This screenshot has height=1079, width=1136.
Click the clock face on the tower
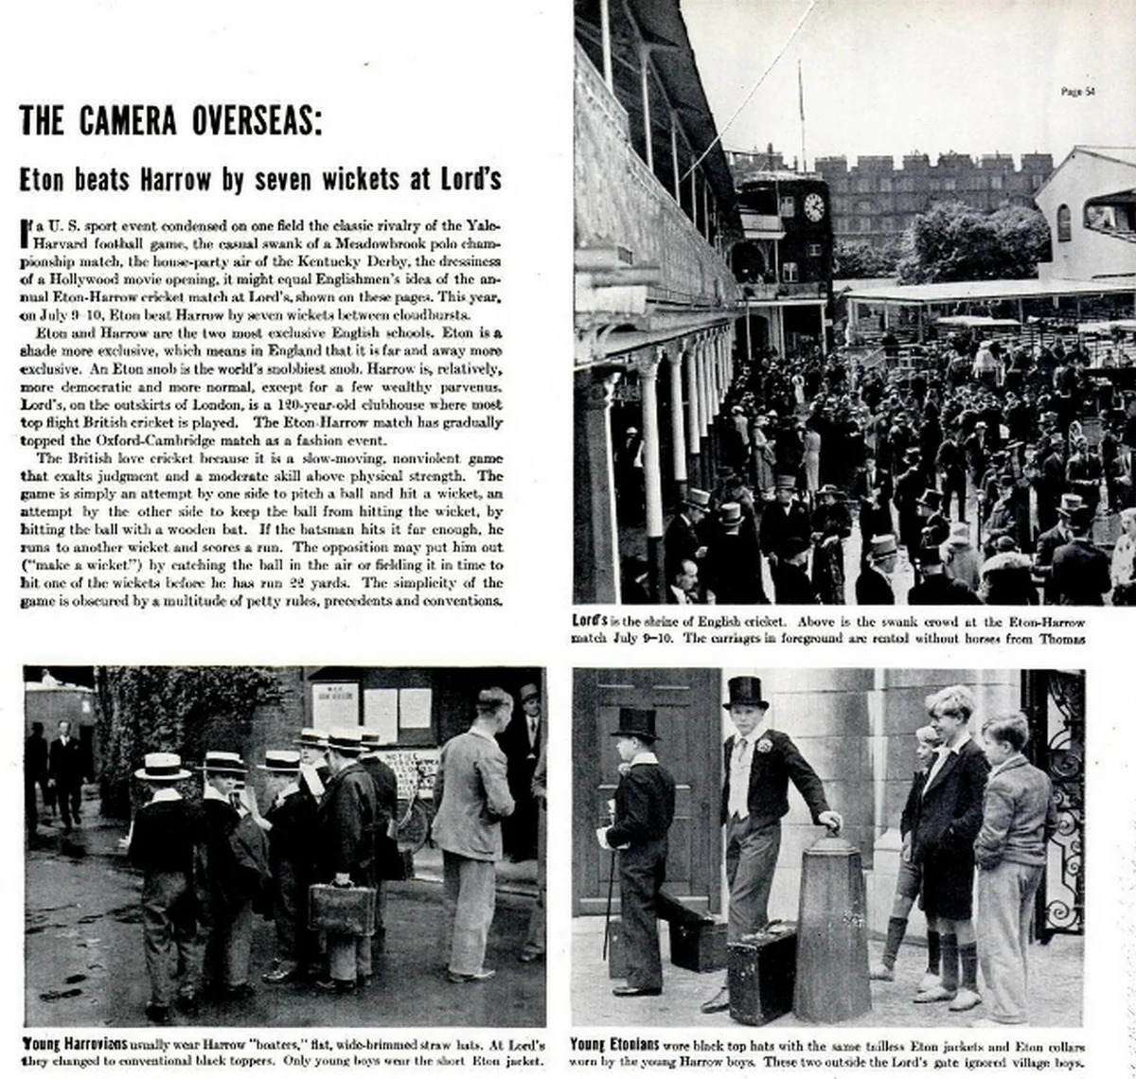tap(813, 207)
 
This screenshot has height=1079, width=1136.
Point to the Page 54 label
tap(1077, 92)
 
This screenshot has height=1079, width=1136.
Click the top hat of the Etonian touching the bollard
tap(746, 692)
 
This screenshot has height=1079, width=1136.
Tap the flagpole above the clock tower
tap(801, 104)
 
